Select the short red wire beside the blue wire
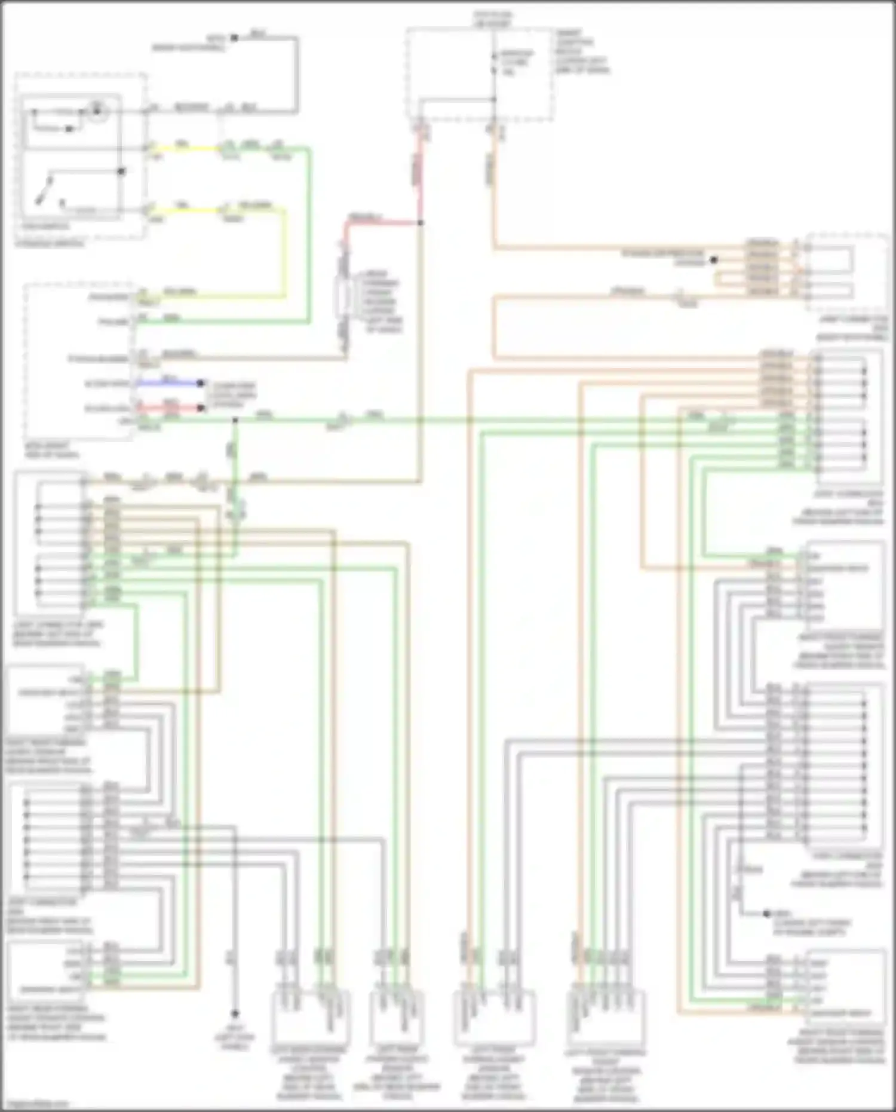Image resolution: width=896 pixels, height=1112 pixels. coord(170,409)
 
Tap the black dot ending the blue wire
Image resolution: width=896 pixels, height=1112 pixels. coord(201,383)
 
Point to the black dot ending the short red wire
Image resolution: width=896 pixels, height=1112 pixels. coord(202,409)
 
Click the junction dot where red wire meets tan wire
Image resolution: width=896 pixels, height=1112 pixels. coord(421,223)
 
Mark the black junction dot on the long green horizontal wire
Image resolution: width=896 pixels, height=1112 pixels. coord(235,421)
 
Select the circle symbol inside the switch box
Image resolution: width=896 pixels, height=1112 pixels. coord(96,109)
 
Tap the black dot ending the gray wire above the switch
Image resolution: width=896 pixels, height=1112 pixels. coord(234,38)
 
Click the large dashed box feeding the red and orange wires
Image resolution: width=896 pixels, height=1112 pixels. coord(478,75)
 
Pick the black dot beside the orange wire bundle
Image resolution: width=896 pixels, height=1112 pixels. coord(713,261)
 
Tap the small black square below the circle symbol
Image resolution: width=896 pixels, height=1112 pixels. coord(70,129)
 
